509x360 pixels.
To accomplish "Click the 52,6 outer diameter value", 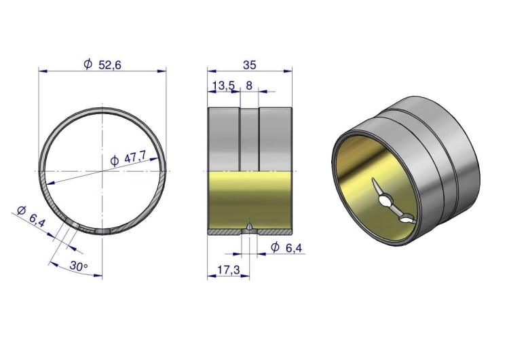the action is (110, 65).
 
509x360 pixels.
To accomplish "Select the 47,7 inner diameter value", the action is (135, 158).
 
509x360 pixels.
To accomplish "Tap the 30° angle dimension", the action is (79, 266).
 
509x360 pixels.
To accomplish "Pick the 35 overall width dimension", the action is (249, 65).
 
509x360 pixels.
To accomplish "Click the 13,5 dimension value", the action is (223, 86).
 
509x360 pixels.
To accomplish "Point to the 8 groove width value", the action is (249, 86).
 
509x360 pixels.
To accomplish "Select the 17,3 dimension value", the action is (229, 270).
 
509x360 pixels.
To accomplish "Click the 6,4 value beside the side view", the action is (294, 248).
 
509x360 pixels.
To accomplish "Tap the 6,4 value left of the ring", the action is (37, 220).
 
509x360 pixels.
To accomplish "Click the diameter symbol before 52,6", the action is (88, 65).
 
